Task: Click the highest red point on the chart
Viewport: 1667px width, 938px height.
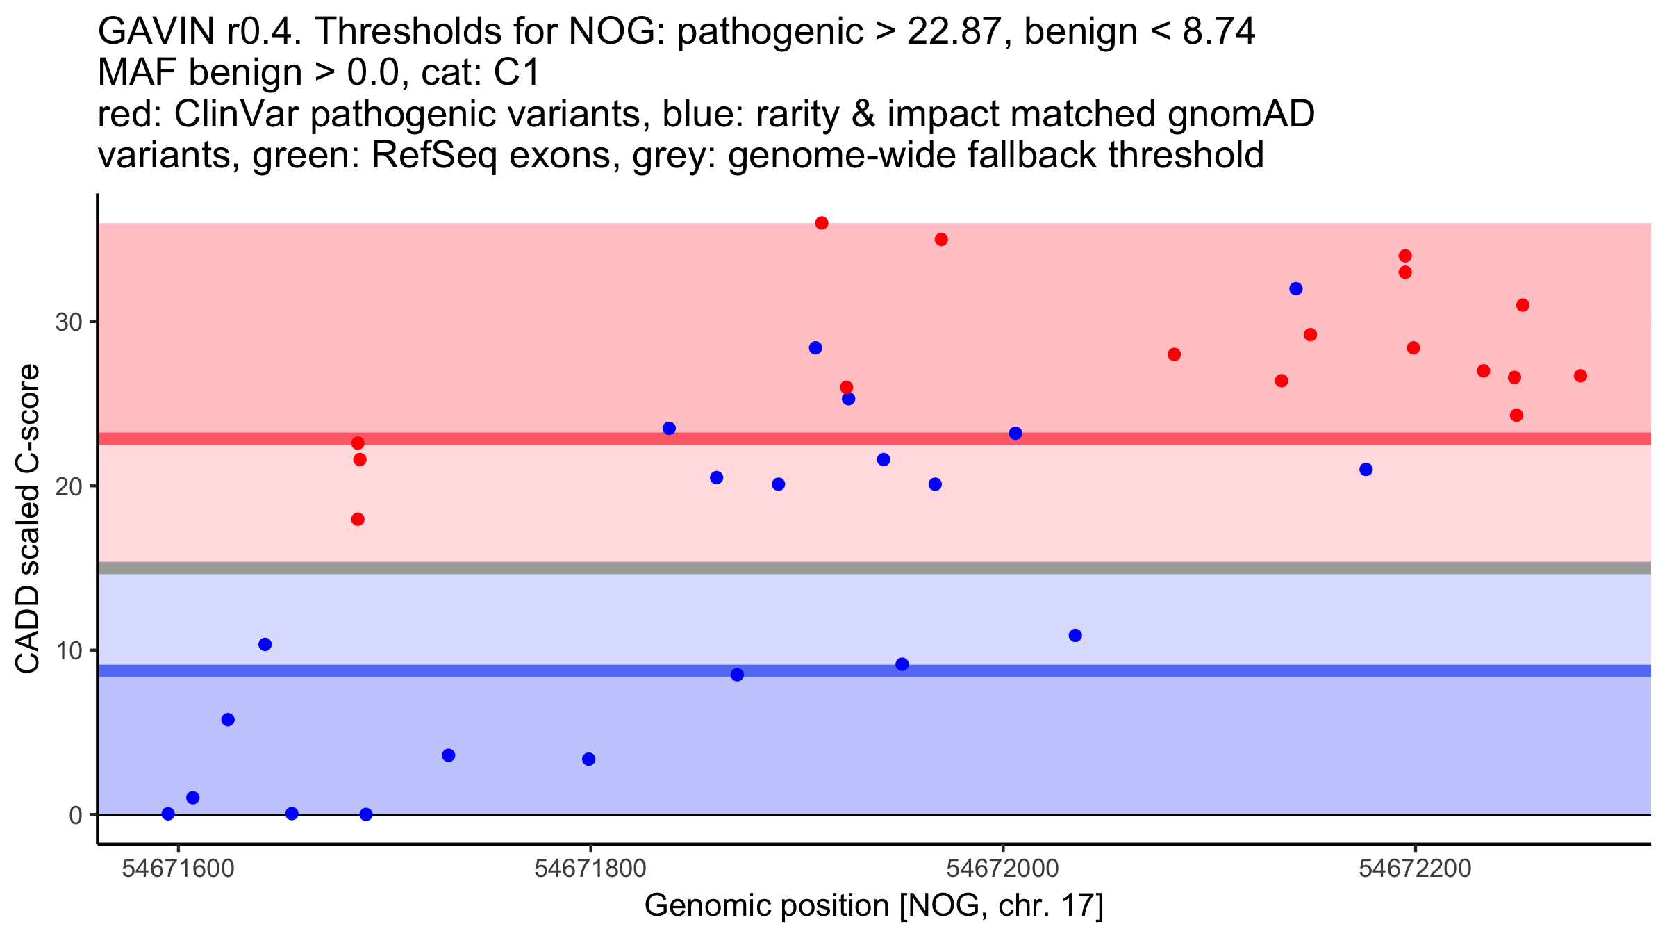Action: point(822,223)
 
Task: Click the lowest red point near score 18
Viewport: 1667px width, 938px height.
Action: point(358,519)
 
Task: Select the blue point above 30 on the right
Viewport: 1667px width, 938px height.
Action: point(1295,288)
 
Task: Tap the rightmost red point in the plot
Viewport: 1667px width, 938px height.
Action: point(1580,376)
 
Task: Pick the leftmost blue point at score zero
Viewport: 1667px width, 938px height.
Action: point(168,814)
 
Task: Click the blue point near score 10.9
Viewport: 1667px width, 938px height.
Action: point(1075,635)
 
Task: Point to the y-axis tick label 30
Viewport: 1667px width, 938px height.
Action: point(68,322)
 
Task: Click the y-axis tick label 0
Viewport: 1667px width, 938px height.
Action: point(75,815)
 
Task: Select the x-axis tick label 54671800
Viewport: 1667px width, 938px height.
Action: point(590,869)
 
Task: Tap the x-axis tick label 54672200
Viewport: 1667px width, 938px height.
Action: point(1415,869)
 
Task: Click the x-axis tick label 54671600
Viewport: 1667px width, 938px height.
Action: point(178,869)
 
